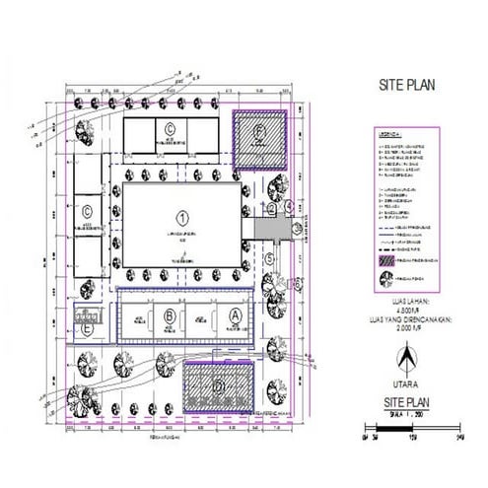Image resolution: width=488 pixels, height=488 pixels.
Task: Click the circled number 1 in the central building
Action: click(181, 215)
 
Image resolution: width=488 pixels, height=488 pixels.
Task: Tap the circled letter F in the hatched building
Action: click(259, 131)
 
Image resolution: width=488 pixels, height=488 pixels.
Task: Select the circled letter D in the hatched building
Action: click(219, 384)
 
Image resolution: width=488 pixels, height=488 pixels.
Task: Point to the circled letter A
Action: click(235, 314)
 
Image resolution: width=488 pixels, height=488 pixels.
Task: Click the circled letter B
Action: click(170, 315)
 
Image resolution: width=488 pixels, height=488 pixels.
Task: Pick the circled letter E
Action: click(89, 331)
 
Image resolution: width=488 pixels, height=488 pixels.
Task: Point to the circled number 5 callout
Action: click(267, 258)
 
